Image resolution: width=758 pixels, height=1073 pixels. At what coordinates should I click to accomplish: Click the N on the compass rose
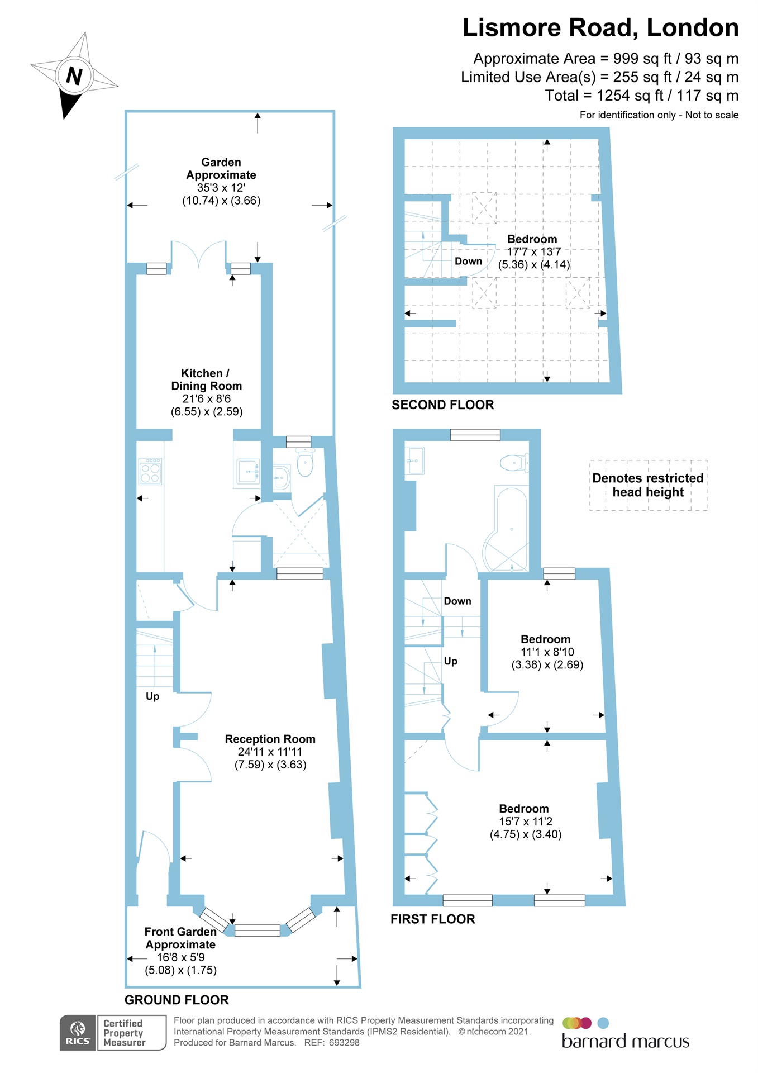(74, 75)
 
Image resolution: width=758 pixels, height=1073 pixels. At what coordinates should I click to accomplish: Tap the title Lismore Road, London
(600, 28)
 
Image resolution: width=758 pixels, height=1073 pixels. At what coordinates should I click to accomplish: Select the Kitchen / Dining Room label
(206, 379)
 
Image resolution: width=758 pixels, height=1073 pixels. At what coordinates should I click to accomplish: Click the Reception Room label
(270, 739)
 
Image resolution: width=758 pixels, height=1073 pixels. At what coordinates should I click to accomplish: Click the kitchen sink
(247, 471)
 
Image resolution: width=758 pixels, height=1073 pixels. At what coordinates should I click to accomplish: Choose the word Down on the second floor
(468, 261)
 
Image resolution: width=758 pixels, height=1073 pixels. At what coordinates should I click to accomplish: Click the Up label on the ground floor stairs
(152, 696)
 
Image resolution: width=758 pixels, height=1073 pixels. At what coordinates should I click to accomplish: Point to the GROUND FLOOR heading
(177, 1000)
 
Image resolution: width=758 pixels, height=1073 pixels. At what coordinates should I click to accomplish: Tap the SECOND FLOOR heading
(442, 405)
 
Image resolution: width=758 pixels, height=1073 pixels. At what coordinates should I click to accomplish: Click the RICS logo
(78, 1032)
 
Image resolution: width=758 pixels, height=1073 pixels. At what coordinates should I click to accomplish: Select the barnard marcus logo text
(625, 1041)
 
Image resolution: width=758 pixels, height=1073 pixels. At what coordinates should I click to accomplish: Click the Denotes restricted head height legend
(648, 485)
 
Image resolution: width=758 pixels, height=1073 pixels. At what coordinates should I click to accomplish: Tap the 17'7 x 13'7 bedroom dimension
(533, 252)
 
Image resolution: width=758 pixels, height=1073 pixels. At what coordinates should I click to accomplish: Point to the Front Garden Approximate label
(180, 938)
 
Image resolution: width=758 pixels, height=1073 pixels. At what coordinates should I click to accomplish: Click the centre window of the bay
(257, 930)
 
